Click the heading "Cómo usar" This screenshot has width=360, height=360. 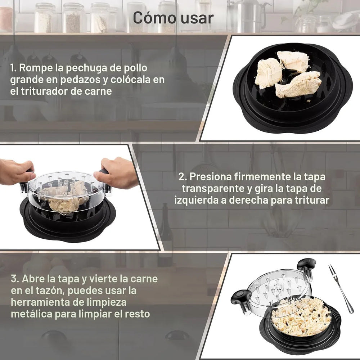[x=173, y=17]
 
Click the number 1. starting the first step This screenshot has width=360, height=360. [x=14, y=68]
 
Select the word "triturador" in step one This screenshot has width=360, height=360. [x=43, y=91]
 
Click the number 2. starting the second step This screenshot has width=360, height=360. [x=183, y=177]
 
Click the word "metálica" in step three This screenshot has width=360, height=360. [x=31, y=314]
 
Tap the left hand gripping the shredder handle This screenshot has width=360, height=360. [x=16, y=172]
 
